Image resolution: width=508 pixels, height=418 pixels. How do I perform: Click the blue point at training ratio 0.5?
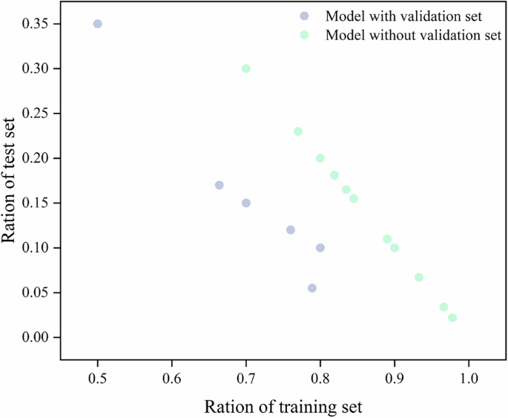(97, 24)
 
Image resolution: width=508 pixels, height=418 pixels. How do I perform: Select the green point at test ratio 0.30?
(246, 68)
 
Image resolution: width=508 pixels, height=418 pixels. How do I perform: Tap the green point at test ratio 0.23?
(298, 131)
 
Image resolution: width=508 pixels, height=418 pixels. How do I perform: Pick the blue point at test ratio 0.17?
(219, 185)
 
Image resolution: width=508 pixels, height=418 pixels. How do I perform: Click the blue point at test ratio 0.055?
(312, 288)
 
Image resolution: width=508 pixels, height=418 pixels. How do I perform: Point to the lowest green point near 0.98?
(452, 318)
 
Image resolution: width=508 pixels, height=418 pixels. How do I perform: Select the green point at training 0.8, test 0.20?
(320, 158)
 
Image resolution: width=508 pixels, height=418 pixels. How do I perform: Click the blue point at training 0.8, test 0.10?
(320, 248)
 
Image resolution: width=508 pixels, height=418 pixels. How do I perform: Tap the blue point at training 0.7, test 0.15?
(246, 203)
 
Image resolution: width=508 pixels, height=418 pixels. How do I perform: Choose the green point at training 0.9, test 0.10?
(395, 248)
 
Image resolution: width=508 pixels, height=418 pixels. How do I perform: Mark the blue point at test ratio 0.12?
(291, 230)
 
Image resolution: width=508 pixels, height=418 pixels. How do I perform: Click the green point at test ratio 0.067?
(419, 278)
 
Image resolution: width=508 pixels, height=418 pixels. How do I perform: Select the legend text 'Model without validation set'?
(413, 35)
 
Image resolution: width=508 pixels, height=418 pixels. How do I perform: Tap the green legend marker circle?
(304, 35)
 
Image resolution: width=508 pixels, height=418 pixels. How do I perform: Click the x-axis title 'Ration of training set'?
(283, 407)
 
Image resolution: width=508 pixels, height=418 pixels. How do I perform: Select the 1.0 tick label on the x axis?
(468, 377)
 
